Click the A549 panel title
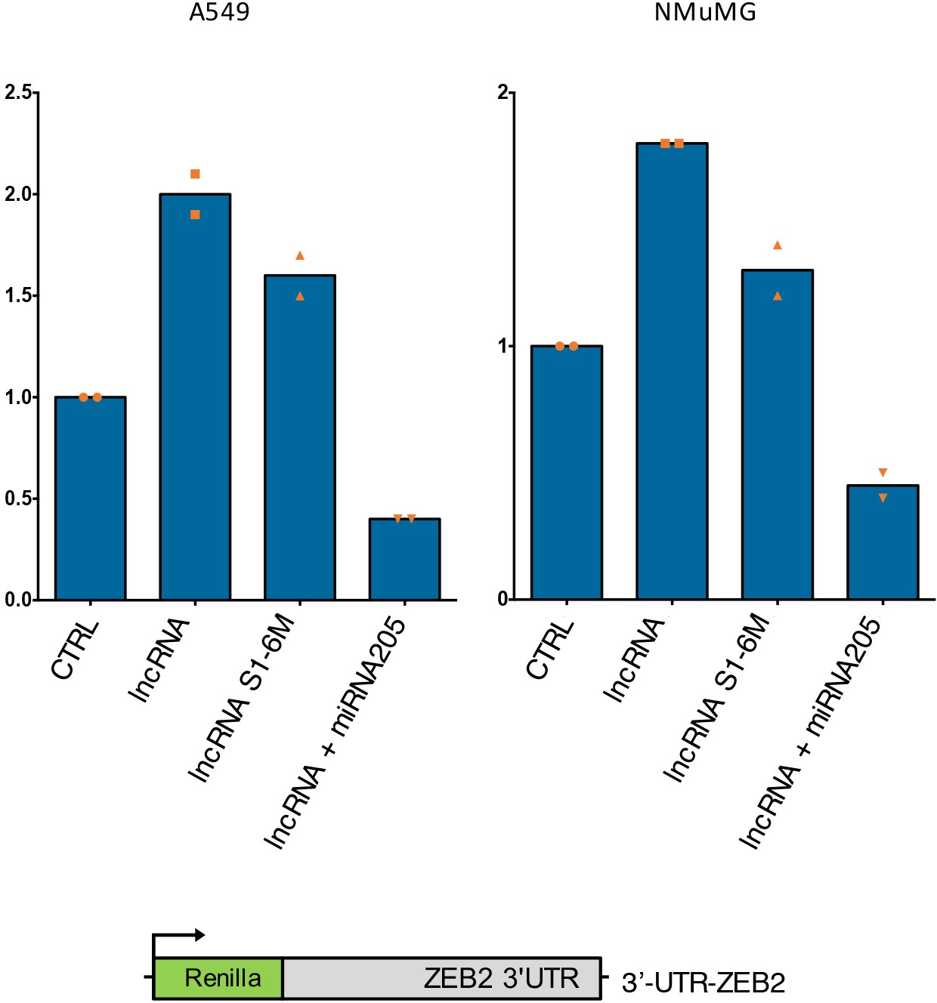[219, 12]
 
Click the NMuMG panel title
[704, 12]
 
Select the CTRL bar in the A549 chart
[91, 498]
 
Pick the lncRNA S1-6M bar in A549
[300, 438]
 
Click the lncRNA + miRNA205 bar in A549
[405, 560]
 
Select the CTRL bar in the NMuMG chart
[567, 473]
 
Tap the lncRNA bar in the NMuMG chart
[672, 371]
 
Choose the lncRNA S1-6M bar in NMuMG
[778, 434]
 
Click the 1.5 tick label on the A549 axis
[19, 295]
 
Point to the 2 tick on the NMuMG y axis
[503, 92]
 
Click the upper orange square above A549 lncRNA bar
[195, 174]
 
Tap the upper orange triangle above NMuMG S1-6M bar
[778, 245]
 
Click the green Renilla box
[218, 978]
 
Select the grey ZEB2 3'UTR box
[442, 978]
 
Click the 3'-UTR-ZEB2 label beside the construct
[704, 983]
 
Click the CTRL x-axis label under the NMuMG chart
[550, 649]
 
